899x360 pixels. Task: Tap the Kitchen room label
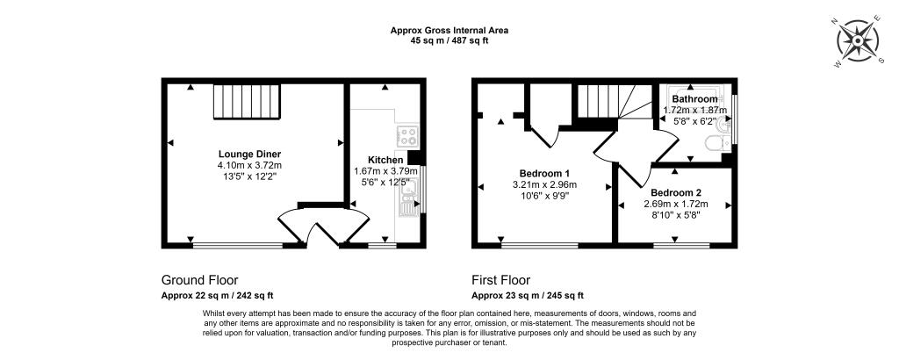[385, 160]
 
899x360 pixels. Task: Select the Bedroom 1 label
[544, 173]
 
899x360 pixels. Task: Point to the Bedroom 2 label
[676, 192]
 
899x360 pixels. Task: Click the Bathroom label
[694, 100]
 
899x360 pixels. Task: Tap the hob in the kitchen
[408, 135]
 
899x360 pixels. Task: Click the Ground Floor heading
[199, 280]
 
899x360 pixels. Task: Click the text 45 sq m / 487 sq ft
[449, 40]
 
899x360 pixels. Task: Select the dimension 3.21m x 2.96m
[544, 185]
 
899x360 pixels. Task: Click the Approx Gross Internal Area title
[449, 30]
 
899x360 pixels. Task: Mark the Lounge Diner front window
[237, 244]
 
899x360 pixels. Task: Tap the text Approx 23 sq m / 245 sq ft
[528, 296]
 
